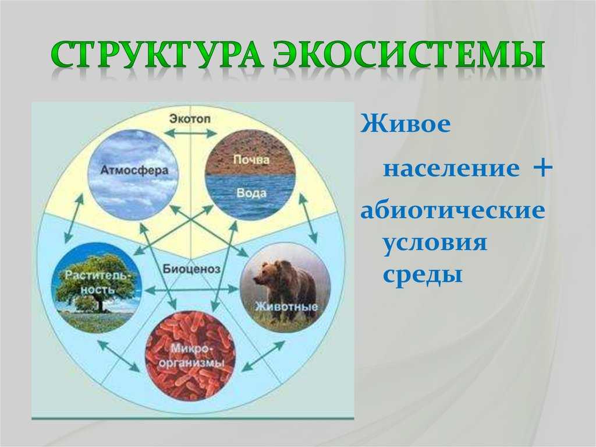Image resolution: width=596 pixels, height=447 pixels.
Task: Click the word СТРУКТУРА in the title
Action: pos(156,55)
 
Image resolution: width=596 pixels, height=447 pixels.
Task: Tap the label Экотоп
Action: pos(190,119)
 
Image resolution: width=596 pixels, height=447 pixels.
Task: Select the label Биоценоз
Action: pos(191,269)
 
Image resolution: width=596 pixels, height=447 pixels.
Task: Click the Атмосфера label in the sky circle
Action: pos(134,170)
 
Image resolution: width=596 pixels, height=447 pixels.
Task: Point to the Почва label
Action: pos(251,159)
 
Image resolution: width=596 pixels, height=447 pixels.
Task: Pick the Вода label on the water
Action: pos(251,193)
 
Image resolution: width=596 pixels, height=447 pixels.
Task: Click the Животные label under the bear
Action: pos(286,307)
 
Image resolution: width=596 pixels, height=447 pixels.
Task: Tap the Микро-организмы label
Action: pos(191,356)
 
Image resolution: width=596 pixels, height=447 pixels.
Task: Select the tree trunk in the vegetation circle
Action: pos(101,305)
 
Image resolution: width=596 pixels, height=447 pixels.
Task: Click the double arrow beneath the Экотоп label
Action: pos(190,133)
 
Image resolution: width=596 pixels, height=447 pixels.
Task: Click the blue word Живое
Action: pos(406,124)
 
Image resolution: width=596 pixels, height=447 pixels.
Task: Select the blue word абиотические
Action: pos(453,210)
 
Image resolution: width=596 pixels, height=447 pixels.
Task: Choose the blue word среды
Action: pos(423,274)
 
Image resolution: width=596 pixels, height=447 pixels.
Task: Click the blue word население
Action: pos(451,168)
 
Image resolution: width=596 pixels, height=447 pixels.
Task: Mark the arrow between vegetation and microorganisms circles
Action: pos(119,356)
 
